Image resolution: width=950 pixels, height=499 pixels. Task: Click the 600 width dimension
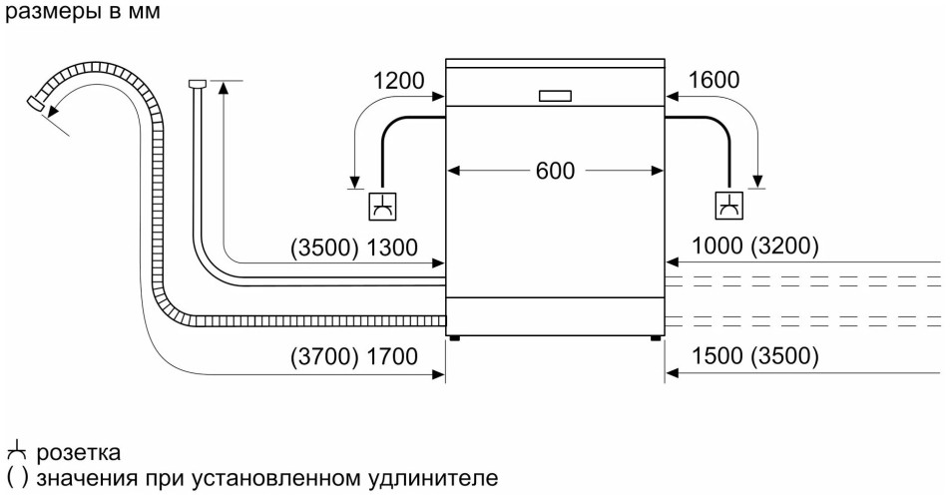tap(554, 171)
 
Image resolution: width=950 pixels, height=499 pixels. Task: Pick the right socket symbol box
tap(729, 206)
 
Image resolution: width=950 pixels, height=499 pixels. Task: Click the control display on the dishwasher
tap(555, 96)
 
